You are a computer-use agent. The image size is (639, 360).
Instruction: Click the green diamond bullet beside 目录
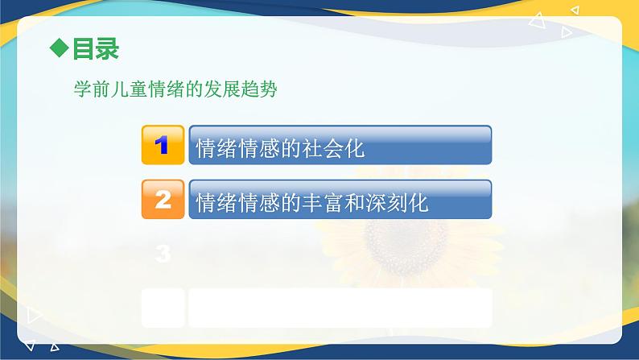tap(59, 48)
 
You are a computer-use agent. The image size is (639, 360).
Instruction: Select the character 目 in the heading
tap(83, 49)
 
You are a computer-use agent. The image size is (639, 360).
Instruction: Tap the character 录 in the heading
tap(107, 49)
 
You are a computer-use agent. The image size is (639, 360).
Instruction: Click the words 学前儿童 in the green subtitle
tap(110, 89)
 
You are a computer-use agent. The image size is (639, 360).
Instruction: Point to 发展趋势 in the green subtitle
tap(241, 89)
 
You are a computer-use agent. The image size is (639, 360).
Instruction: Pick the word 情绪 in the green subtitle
tap(166, 89)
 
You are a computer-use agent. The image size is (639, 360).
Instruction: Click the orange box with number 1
tap(163, 145)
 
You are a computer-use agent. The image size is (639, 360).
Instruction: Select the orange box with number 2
tap(163, 200)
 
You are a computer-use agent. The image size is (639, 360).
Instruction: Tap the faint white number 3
tap(163, 254)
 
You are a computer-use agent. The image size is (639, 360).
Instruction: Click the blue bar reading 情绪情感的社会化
tap(340, 145)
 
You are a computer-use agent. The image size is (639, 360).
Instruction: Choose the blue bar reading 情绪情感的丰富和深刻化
tap(340, 200)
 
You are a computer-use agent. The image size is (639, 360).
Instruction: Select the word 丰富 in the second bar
tap(323, 203)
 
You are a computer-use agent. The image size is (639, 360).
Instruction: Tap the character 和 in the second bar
tap(354, 203)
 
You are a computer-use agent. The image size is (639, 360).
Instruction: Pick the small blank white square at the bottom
tap(163, 308)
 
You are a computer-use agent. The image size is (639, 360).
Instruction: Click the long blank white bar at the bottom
tap(340, 308)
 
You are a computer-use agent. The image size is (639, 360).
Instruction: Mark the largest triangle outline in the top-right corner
tap(538, 21)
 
